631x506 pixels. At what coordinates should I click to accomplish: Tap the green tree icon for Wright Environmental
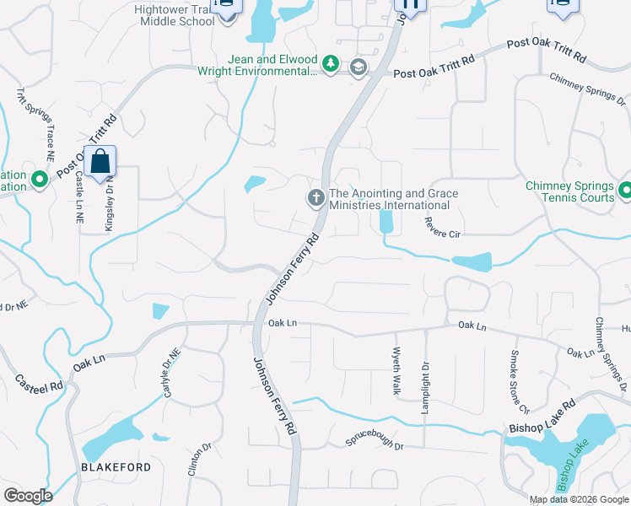coord(332,65)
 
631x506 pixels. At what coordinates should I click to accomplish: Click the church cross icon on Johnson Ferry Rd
coord(315,198)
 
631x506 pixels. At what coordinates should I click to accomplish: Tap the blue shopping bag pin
coord(100,163)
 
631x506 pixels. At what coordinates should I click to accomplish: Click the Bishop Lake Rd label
coord(542,417)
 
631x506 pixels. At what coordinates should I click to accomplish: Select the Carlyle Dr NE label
coord(171,374)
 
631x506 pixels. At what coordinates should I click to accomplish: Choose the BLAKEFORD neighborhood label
coord(116,467)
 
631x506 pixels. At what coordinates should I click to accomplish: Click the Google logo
coord(28,495)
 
